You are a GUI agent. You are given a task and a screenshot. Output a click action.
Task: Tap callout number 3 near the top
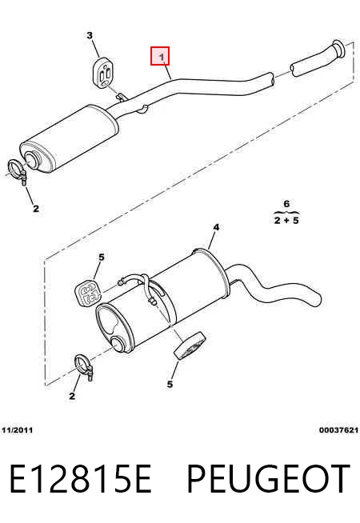point(90,35)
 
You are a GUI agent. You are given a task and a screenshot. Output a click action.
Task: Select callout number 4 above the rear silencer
point(216,227)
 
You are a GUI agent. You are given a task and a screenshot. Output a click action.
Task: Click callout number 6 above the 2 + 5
point(286,203)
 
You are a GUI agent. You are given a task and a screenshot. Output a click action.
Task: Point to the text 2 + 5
point(286,220)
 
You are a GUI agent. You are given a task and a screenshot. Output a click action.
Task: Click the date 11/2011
point(18,430)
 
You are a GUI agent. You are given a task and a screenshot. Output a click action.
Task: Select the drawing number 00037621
point(338,430)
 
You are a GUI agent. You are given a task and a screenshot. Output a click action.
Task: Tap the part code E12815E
point(81,478)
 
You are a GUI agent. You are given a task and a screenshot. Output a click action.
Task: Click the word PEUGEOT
point(268,478)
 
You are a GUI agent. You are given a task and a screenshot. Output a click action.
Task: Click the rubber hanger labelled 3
point(102,74)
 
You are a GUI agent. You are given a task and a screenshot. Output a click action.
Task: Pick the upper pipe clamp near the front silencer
point(18,171)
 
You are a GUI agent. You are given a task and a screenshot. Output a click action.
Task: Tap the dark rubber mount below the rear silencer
point(190,346)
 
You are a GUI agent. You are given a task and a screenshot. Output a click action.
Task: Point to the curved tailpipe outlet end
point(316,299)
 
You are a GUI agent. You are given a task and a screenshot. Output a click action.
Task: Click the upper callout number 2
point(36,209)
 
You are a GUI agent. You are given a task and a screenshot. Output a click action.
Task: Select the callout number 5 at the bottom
point(170,384)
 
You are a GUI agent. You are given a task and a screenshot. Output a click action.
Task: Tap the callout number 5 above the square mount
point(102,258)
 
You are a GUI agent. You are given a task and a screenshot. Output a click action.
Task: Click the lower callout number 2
point(72,397)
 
